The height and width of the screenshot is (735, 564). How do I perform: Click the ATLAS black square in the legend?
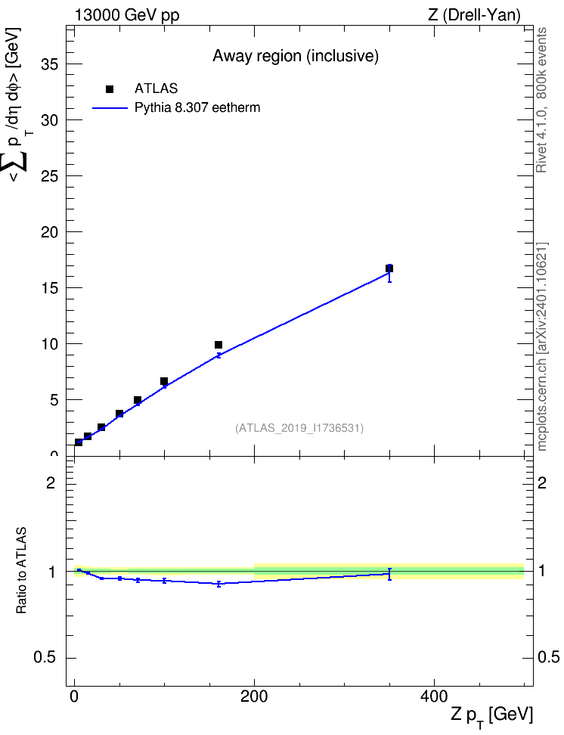click(x=110, y=89)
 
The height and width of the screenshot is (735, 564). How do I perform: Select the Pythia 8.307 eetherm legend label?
click(x=197, y=107)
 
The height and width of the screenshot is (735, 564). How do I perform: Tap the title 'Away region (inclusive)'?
click(x=296, y=56)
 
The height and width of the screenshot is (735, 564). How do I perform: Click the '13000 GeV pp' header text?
click(x=127, y=15)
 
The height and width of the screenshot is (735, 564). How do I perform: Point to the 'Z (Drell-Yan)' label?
click(x=473, y=15)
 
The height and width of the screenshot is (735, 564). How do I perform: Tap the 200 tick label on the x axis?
click(x=254, y=695)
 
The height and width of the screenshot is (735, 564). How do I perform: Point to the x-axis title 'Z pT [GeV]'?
click(x=492, y=715)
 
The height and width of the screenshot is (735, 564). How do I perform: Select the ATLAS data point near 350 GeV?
click(x=389, y=268)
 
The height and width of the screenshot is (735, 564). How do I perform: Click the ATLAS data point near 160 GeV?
click(x=218, y=345)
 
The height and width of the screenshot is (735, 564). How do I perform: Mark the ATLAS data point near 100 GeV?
click(x=164, y=381)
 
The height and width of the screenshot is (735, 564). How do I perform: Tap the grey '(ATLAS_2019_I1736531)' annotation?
click(x=299, y=428)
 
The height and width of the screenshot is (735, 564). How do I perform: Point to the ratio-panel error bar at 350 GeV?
click(x=389, y=574)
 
